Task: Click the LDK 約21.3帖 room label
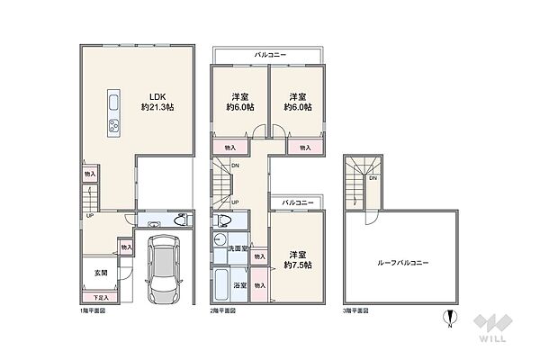[x=157, y=102]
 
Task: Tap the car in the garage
[x=163, y=269]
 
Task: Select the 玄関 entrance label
[x=101, y=273]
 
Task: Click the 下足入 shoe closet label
[x=101, y=297]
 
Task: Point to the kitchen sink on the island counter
[x=113, y=103]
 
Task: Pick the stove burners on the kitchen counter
[x=113, y=125]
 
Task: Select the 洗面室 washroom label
[x=238, y=248]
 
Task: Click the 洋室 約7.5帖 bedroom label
[x=298, y=260]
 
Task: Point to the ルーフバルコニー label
[x=403, y=263]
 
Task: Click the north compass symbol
[x=450, y=318]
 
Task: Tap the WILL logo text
[x=492, y=338]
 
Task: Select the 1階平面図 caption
[x=93, y=310]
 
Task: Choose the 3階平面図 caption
[x=355, y=310]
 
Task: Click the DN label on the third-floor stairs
[x=373, y=178]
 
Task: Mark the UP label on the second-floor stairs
[x=235, y=202]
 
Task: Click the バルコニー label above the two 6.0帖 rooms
[x=270, y=55]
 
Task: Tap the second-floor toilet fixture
[x=221, y=220]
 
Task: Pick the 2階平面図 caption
[x=223, y=310]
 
